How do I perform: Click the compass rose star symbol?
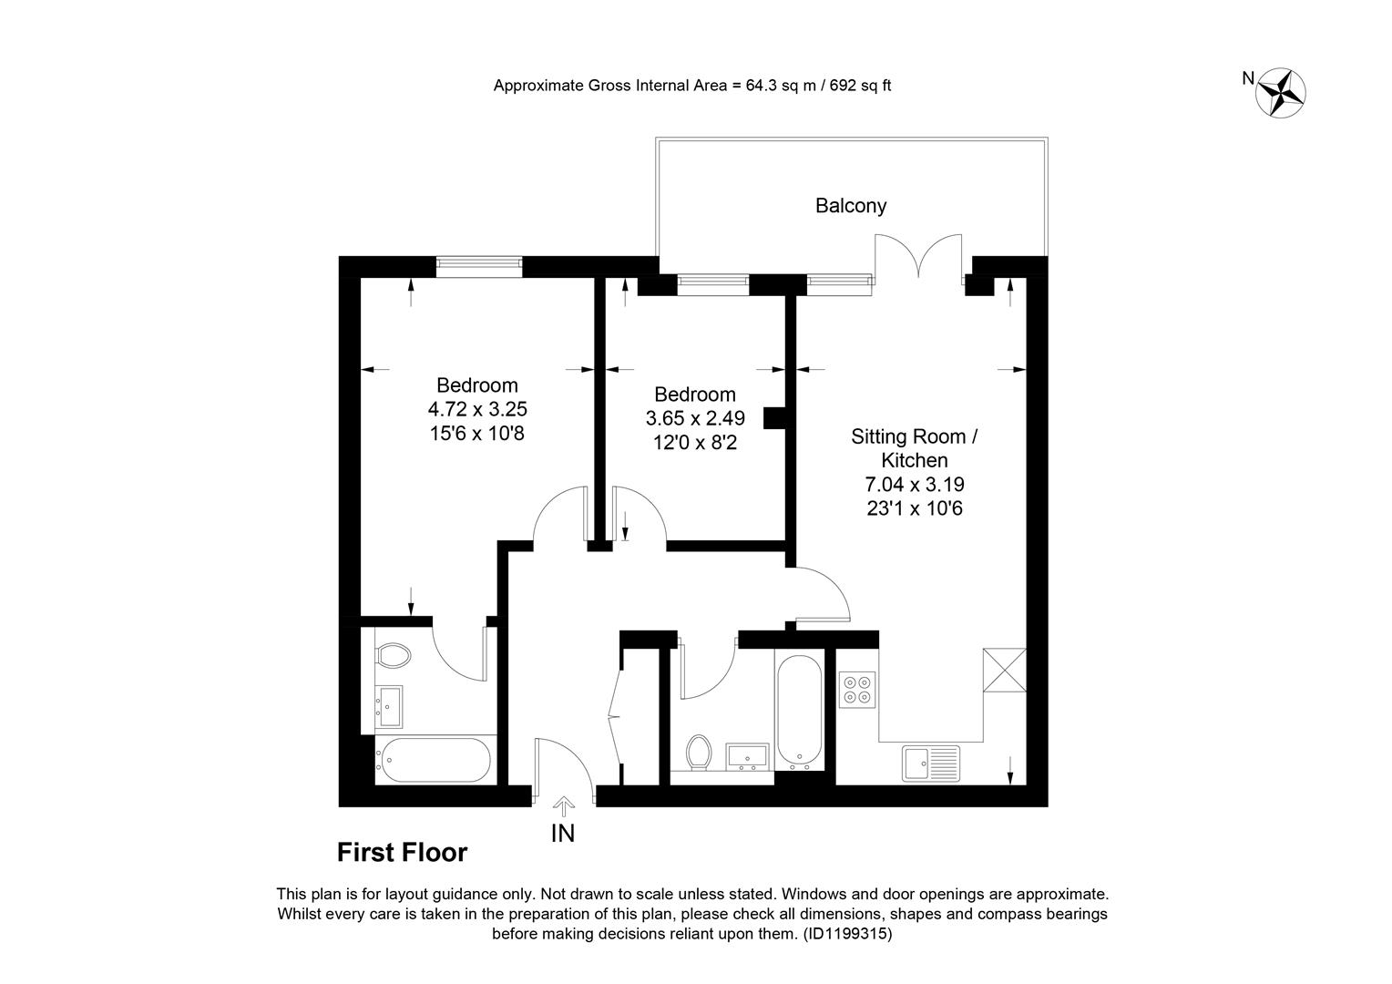[x=1280, y=93]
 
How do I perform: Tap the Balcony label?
[x=851, y=206]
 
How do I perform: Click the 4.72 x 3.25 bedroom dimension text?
[x=477, y=409]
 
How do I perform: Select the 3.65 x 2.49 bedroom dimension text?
[x=695, y=417]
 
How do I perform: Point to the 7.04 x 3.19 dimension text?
[x=914, y=484]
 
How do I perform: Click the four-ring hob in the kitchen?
[x=857, y=690]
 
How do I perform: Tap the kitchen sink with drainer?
[x=931, y=764]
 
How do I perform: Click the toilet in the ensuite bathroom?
[x=394, y=655]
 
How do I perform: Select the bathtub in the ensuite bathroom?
[x=435, y=760]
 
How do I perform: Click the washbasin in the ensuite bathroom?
[x=390, y=706]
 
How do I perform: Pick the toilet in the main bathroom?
[x=699, y=753]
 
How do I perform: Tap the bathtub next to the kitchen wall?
[x=799, y=709]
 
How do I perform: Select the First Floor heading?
[x=402, y=852]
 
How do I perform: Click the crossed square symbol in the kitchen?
[x=1004, y=670]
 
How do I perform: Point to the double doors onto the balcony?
[x=918, y=256]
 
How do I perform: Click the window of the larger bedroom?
[x=478, y=267]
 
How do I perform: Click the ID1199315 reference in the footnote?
[x=847, y=934]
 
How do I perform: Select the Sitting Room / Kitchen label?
[x=914, y=448]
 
